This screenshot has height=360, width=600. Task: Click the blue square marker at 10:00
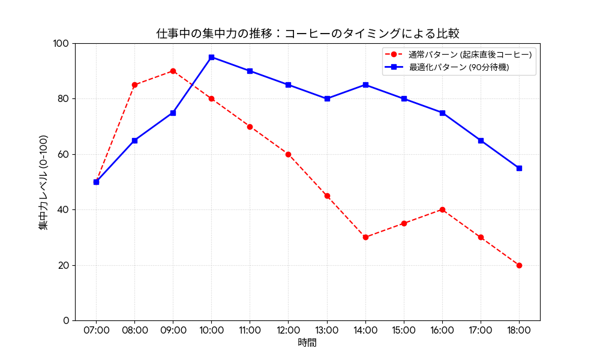pos(211,57)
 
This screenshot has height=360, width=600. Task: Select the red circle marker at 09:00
pos(173,71)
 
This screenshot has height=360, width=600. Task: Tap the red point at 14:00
pos(365,237)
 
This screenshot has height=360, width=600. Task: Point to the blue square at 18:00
pos(519,168)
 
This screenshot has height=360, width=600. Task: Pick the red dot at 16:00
pos(442,209)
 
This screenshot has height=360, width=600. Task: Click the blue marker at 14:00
pos(365,85)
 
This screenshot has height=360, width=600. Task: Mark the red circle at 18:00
pos(519,265)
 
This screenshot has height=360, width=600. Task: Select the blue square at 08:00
pos(134,140)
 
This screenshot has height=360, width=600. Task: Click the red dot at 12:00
pos(288,154)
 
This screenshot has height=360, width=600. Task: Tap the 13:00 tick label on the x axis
pos(327,330)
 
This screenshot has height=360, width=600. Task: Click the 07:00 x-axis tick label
pos(96,330)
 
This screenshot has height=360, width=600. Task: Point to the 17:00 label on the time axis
pos(481,330)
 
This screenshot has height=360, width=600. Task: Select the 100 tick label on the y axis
pos(61,44)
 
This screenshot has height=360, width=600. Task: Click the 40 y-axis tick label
pos(64,210)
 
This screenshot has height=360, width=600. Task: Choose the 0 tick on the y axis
pos(66,320)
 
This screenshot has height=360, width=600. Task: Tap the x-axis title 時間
pos(307,343)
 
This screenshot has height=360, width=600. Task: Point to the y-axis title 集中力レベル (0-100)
pos(43,182)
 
